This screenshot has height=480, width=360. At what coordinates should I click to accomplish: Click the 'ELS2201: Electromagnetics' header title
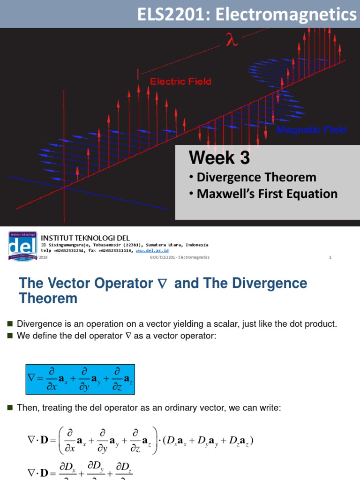247,15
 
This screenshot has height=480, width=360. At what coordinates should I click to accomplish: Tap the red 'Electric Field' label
180,82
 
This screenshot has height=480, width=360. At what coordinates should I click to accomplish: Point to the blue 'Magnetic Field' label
312,130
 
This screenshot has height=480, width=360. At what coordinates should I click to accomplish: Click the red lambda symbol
231,41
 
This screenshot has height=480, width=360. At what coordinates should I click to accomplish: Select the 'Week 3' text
219,158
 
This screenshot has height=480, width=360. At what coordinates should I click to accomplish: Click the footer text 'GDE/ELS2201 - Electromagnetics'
180,257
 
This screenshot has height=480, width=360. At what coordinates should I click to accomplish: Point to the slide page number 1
330,257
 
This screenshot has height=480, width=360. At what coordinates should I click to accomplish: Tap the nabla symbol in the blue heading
163,284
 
